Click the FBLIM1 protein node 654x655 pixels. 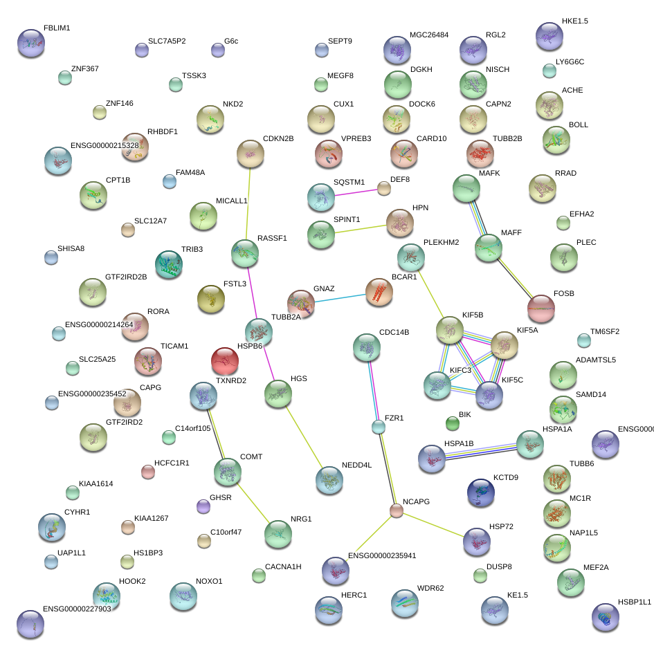click(30, 43)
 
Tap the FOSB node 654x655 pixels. click(541, 308)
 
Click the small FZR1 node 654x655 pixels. click(378, 427)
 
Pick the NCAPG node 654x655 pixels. click(396, 510)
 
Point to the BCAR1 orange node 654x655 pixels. click(379, 293)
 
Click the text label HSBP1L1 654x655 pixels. click(635, 602)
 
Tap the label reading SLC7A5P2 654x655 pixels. click(167, 41)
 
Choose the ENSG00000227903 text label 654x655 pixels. click(77, 609)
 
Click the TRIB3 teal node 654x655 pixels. click(168, 265)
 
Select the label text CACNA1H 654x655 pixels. click(283, 567)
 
